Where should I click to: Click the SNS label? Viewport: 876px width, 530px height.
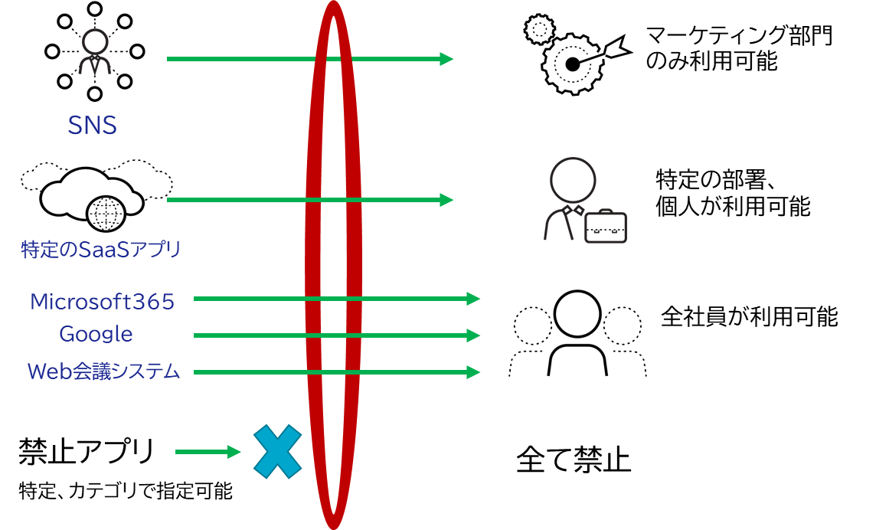click(92, 126)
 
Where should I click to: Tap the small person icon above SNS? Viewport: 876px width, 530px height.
click(95, 52)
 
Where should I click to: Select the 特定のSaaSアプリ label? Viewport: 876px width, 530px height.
click(101, 250)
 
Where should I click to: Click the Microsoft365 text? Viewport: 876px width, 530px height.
click(103, 302)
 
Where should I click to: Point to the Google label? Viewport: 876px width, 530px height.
click(96, 335)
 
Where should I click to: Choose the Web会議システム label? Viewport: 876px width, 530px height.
click(104, 372)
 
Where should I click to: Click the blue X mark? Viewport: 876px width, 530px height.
click(278, 452)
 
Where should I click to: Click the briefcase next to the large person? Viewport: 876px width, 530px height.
click(606, 227)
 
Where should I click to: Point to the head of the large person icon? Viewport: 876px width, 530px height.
click(573, 180)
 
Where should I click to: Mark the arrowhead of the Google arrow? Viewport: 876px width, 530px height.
click(474, 335)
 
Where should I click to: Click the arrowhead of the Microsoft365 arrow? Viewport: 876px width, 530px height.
click(474, 299)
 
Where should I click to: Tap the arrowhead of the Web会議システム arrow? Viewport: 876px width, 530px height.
click(474, 372)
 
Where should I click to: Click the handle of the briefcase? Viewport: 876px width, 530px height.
click(605, 212)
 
